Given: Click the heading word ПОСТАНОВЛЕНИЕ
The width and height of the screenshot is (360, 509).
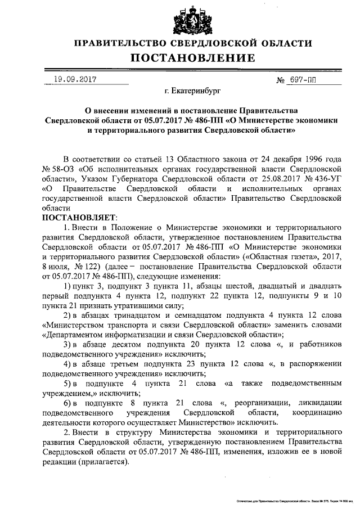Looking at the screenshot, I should pos(193,58).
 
